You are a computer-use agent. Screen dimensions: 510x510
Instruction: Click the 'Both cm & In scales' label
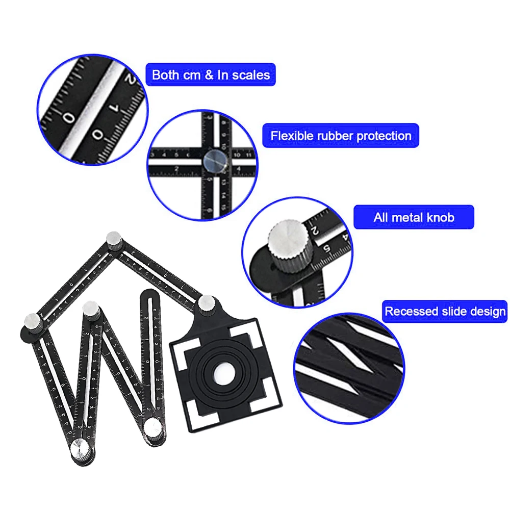click(211, 75)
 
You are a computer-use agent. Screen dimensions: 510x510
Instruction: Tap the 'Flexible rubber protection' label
click(341, 136)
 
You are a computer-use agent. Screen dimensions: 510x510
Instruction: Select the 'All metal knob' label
click(414, 217)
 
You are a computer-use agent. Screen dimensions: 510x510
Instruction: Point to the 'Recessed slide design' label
click(445, 311)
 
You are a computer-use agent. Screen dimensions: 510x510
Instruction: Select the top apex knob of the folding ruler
click(113, 239)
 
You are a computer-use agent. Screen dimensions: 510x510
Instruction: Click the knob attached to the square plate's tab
click(207, 304)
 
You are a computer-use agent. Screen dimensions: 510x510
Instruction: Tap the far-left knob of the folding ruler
click(30, 321)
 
